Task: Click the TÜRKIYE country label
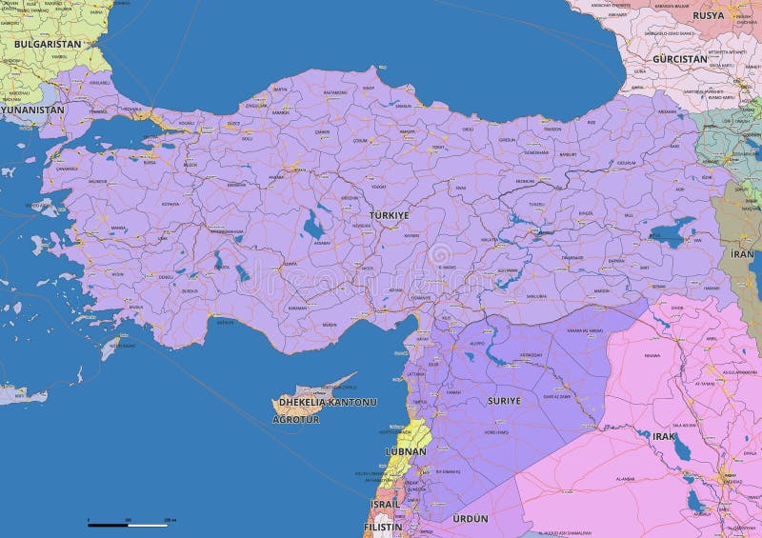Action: click(389, 215)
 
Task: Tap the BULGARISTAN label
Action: click(47, 44)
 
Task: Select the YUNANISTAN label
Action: click(31, 110)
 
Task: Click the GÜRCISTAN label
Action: click(680, 58)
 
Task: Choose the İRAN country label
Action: click(742, 254)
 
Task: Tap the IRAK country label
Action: click(663, 435)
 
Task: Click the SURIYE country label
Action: click(504, 401)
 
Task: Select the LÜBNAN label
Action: click(406, 451)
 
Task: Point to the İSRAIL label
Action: click(386, 503)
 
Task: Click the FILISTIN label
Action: click(383, 526)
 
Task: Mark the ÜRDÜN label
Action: click(471, 518)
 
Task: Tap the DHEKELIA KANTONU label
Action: click(327, 402)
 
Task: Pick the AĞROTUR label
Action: click(296, 419)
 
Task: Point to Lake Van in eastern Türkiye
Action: click(672, 232)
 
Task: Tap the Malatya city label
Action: click(495, 240)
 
